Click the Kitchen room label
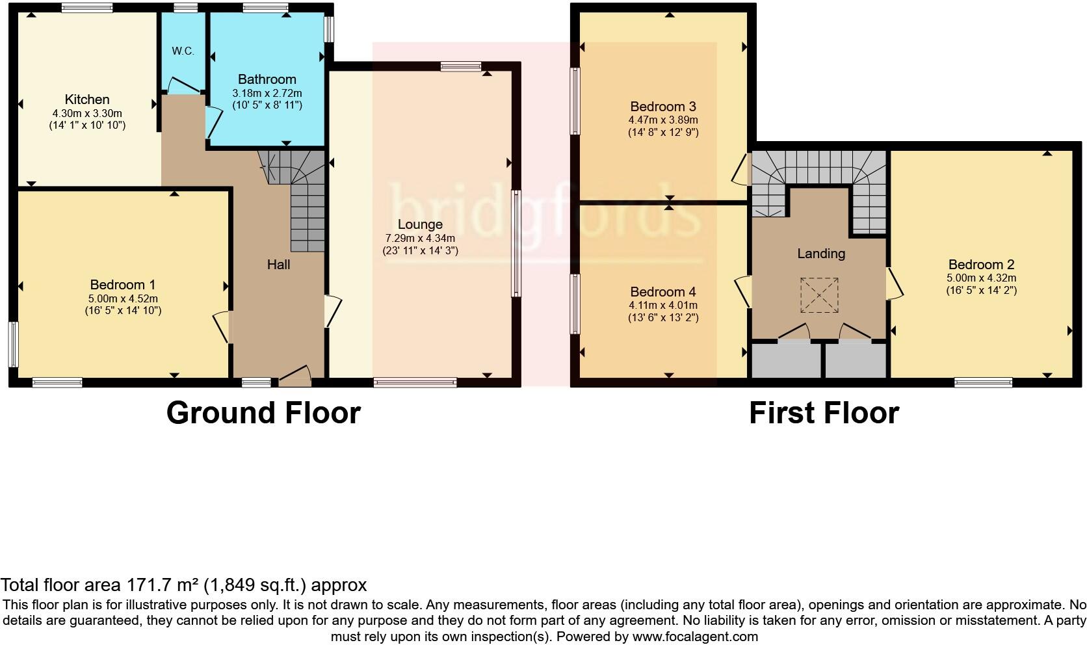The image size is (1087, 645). pyautogui.click(x=87, y=99)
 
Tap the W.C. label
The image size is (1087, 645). pyautogui.click(x=183, y=51)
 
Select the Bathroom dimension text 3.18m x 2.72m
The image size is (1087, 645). pyautogui.click(x=267, y=93)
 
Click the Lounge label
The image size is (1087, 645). pyautogui.click(x=420, y=224)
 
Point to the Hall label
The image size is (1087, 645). pyautogui.click(x=278, y=265)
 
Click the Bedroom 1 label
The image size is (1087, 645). pyautogui.click(x=122, y=285)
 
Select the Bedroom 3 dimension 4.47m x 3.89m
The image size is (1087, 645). pyautogui.click(x=663, y=120)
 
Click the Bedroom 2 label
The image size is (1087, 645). pyautogui.click(x=981, y=265)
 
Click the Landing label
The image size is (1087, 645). pyautogui.click(x=821, y=254)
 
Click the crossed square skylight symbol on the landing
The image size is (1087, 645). pyautogui.click(x=819, y=295)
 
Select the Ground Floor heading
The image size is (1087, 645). pyautogui.click(x=263, y=413)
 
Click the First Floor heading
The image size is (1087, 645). pyautogui.click(x=824, y=413)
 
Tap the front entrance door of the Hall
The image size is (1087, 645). pyautogui.click(x=295, y=376)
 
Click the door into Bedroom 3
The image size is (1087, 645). pyautogui.click(x=740, y=169)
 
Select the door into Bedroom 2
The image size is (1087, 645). pyautogui.click(x=895, y=284)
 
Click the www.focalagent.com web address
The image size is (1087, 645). pyautogui.click(x=695, y=637)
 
